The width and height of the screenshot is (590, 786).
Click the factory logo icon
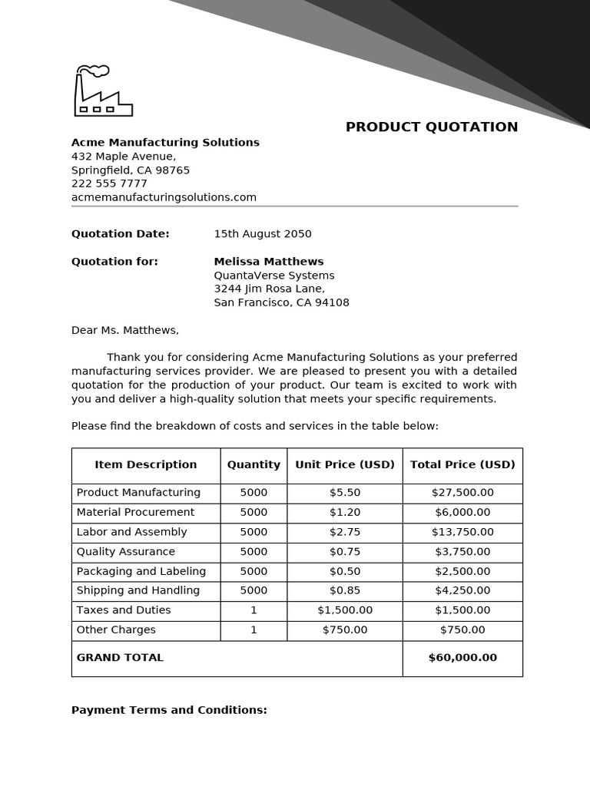pos(103,91)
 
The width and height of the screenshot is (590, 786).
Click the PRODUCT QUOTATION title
pos(431,127)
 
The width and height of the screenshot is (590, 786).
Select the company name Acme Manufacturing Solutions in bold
pos(165,143)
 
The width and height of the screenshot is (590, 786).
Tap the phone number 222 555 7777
pos(109,183)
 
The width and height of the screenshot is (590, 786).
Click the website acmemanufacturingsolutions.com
pos(164,197)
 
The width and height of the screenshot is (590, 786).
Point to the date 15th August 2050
pos(263,234)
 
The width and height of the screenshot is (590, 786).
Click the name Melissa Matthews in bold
pos(268,262)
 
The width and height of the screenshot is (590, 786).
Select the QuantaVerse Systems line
pos(273,276)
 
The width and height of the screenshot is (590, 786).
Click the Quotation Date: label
pos(120,234)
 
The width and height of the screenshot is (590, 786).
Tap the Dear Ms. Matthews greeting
pos(124,330)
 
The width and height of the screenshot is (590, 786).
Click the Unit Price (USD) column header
pos(345,465)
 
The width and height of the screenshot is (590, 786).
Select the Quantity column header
pos(254,465)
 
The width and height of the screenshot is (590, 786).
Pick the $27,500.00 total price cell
pos(462,493)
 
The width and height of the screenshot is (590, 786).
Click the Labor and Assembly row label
pos(131,532)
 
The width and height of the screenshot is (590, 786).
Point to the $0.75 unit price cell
pos(345,552)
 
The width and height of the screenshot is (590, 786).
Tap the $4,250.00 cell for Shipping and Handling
pos(462,591)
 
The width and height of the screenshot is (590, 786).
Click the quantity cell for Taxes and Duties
pos(254,610)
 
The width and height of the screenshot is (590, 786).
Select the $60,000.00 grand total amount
pos(462,658)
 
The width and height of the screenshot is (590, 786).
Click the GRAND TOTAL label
pos(120,658)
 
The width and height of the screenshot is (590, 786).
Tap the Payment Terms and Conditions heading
pos(169,711)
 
